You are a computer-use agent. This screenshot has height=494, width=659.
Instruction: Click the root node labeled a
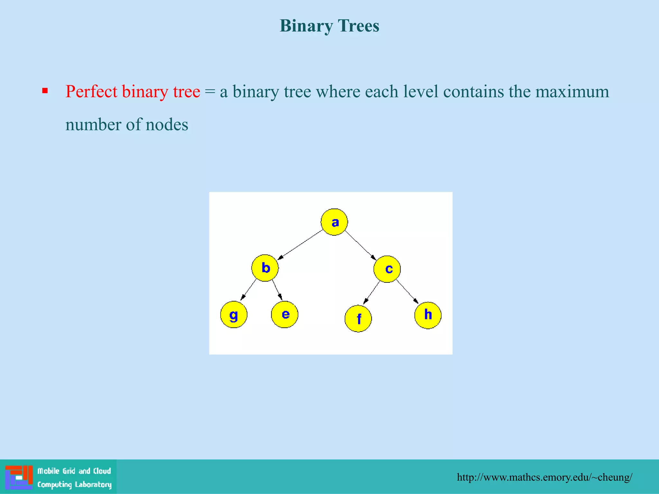(334, 222)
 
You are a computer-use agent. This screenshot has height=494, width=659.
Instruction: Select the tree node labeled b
(265, 268)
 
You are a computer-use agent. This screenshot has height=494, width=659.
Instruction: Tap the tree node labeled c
(387, 269)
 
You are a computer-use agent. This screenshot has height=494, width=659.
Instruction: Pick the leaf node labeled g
(234, 315)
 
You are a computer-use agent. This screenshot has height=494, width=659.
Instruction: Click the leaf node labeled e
(285, 315)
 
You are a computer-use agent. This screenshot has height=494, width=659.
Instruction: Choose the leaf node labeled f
(358, 318)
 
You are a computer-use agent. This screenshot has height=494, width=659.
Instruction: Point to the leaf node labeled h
(428, 315)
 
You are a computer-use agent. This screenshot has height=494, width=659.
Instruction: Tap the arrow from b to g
(248, 290)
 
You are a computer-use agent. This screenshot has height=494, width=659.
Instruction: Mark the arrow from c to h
(407, 291)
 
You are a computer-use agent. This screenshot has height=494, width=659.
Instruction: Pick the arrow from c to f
(371, 293)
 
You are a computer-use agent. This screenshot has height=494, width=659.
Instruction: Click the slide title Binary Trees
(329, 26)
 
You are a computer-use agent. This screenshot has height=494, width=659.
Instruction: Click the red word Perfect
(91, 92)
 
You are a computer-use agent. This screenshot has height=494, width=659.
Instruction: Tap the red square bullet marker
(45, 91)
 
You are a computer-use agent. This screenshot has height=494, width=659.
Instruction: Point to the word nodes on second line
(167, 125)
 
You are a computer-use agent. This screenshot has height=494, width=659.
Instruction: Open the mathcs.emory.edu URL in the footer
(544, 477)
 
